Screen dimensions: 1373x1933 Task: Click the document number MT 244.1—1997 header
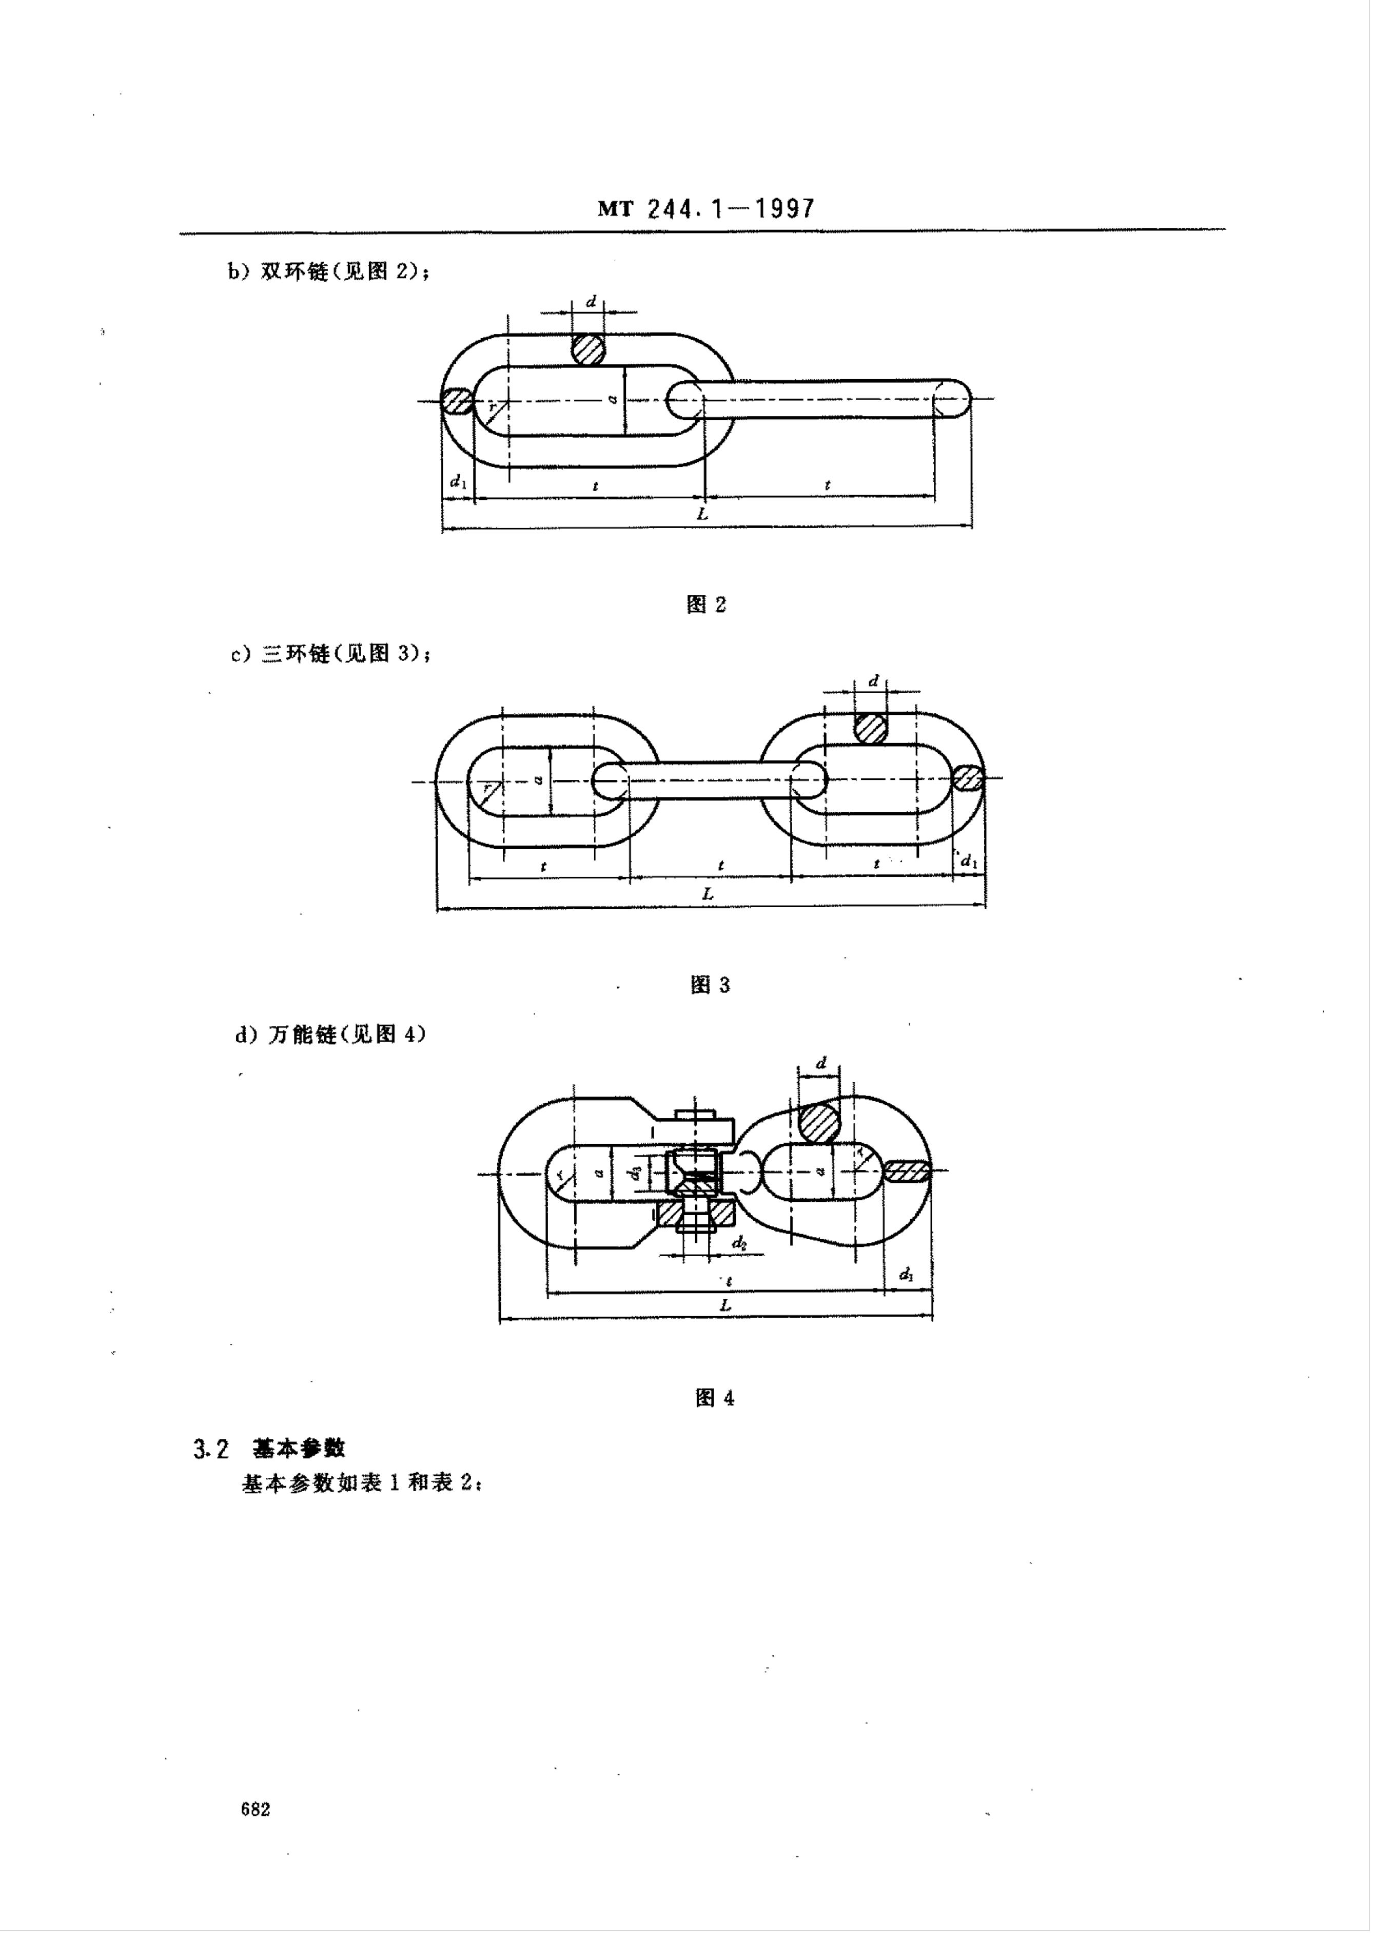click(706, 209)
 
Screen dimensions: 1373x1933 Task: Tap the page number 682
click(256, 1809)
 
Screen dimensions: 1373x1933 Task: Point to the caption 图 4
click(714, 1398)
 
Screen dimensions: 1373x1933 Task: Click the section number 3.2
click(210, 1449)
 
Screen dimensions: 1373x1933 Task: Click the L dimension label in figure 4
click(724, 1305)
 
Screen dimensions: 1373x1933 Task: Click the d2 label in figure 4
click(739, 1243)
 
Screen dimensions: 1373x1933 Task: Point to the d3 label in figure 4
click(636, 1174)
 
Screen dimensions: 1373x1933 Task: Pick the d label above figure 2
click(591, 302)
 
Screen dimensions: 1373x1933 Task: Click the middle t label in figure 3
click(720, 865)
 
